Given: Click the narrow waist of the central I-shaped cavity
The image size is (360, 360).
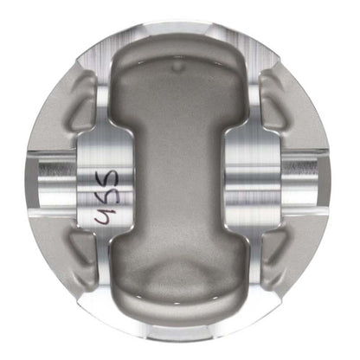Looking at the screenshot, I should click(179, 182).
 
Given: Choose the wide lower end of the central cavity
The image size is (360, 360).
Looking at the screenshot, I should click(179, 290).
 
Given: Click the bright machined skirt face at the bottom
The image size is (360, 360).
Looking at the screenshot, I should click(179, 333).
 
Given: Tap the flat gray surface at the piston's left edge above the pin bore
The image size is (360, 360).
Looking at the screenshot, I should click(35, 130).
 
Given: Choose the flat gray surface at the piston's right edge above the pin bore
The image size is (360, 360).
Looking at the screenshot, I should click(325, 130).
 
